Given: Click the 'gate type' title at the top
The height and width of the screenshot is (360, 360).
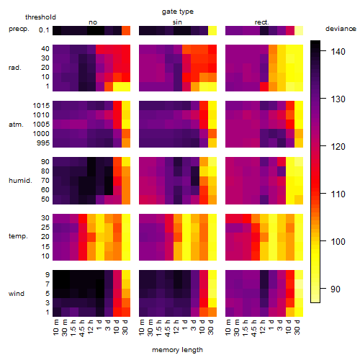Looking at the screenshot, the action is click(178, 12).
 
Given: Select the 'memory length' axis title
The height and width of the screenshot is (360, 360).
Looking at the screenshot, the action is click(177, 350).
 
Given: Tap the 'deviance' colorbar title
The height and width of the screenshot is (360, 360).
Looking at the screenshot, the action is click(341, 29).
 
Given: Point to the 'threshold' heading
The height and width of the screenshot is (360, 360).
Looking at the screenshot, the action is click(40, 17).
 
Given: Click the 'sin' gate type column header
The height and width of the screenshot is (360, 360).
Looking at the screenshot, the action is click(177, 22).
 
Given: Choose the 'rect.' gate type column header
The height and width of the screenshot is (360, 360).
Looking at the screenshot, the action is click(261, 22).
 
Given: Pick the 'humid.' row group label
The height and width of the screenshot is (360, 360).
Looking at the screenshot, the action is click(20, 180).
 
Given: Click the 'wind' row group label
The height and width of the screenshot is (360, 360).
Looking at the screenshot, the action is click(17, 293).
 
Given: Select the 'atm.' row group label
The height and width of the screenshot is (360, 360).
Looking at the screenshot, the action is click(16, 125).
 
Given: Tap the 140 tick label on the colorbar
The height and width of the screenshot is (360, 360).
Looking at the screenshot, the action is click(338, 51).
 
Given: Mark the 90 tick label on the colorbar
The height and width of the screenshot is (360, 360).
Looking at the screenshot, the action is click(336, 289).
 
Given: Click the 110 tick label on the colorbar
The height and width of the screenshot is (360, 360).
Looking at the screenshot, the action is click(338, 194).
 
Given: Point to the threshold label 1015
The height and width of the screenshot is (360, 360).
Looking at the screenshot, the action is click(41, 105).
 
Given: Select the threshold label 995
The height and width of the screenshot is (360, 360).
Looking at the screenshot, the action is click(43, 143).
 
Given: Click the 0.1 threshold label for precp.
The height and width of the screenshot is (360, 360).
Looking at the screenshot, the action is click(44, 30).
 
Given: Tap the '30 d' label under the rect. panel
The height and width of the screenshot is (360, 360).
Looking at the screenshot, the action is click(297, 327).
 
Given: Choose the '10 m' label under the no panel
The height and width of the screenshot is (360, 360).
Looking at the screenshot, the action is click(55, 327).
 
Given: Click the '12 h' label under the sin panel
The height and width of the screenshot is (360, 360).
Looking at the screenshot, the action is click(176, 327).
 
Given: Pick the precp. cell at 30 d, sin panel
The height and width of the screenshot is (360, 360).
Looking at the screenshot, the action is click(212, 30).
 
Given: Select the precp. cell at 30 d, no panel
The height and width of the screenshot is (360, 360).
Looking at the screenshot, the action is click(126, 30).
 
